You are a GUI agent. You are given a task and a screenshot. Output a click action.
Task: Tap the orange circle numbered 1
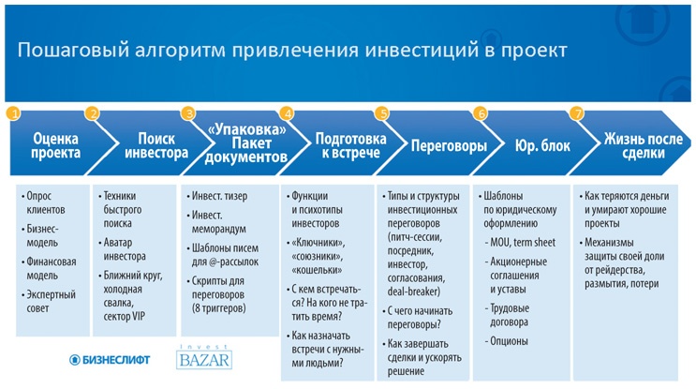click(13, 113)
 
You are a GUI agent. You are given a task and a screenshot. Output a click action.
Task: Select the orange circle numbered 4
click(288, 113)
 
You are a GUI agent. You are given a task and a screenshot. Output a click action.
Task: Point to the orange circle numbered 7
click(577, 113)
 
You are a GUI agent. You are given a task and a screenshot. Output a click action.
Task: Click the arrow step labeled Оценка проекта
click(55, 146)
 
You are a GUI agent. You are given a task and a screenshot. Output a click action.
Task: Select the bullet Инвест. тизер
click(222, 197)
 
